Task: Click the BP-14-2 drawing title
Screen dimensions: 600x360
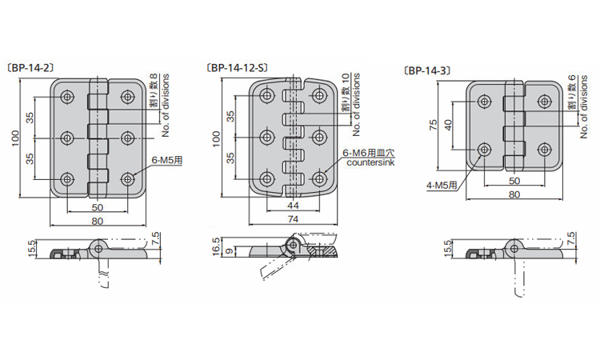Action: pyautogui.click(x=30, y=68)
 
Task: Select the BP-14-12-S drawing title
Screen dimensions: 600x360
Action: pyautogui.click(x=237, y=68)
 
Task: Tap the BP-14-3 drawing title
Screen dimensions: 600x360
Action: pyautogui.click(x=426, y=70)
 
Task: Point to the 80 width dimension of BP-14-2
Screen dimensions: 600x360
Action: pyautogui.click(x=98, y=221)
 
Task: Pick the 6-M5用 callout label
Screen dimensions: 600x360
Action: pyautogui.click(x=167, y=160)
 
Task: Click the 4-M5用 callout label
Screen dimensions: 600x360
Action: pyautogui.click(x=442, y=186)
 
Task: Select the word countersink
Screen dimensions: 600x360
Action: pyautogui.click(x=370, y=162)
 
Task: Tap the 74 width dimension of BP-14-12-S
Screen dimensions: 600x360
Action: pyautogui.click(x=293, y=219)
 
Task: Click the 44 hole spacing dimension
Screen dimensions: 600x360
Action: pyautogui.click(x=293, y=206)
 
